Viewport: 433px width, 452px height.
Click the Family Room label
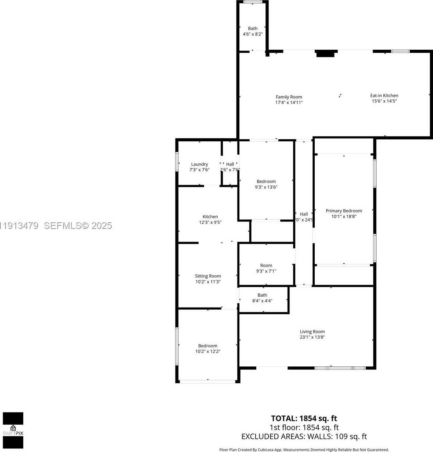coord(289,97)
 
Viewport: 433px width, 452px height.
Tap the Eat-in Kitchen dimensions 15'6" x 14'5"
coord(384,101)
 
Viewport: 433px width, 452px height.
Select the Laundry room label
coord(200,164)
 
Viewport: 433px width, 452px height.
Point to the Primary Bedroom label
coord(343,211)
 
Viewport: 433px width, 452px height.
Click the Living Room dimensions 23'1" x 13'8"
coord(312,337)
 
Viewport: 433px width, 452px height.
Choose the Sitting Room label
coord(208,276)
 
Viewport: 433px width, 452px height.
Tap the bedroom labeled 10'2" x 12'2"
coord(208,348)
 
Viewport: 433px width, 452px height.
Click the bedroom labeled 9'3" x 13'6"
coord(266,184)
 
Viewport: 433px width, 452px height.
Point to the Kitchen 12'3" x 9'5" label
coord(210,219)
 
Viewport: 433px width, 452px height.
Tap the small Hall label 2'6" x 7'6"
coord(230,167)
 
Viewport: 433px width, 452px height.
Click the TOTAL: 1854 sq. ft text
coord(304,418)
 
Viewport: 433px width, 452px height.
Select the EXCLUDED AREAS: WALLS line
coord(304,436)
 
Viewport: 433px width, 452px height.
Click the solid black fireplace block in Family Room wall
coord(326,53)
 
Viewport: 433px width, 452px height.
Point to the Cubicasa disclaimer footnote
coord(304,449)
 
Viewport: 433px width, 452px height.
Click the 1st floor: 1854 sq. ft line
coord(304,428)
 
